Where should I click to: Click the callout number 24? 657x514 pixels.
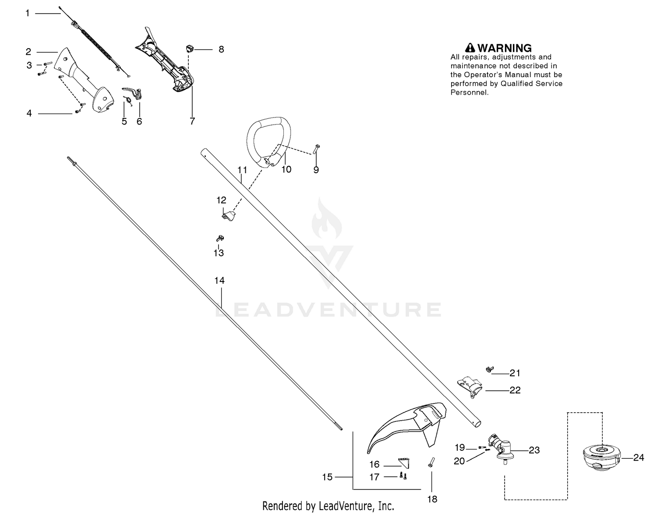(x=638, y=457)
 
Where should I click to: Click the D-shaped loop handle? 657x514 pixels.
(x=268, y=142)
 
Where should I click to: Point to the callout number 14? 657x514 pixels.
(x=219, y=281)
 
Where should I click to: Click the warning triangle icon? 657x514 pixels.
(x=470, y=48)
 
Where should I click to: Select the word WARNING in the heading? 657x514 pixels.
(x=504, y=48)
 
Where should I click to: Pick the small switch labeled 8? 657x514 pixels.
(x=190, y=48)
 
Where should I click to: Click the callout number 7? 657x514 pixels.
(x=192, y=121)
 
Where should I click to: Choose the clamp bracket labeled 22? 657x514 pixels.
(x=470, y=386)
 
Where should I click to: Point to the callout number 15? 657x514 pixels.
(x=327, y=477)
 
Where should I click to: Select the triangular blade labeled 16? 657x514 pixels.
(x=404, y=463)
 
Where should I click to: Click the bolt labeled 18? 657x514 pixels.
(x=431, y=462)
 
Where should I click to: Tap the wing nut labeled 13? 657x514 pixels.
(x=220, y=238)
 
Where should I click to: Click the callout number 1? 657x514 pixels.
(x=28, y=13)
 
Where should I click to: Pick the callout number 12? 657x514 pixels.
(x=221, y=200)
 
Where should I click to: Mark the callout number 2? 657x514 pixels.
(x=28, y=52)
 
